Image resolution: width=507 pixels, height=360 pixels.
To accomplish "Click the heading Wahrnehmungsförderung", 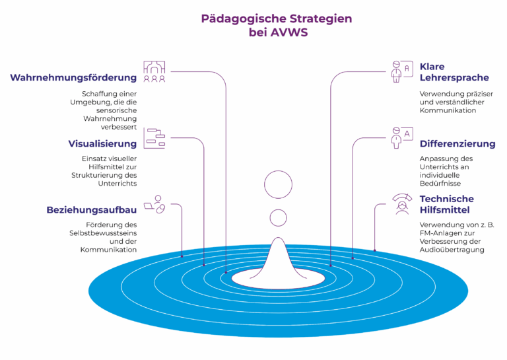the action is coord(73,78).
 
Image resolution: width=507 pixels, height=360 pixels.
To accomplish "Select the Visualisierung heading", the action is coord(102,143).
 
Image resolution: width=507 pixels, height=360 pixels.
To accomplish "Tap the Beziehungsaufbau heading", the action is coord(92,210).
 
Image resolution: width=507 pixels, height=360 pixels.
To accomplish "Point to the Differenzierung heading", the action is coord(457,143).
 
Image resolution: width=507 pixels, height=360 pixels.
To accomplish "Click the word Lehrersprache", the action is coord(454,78).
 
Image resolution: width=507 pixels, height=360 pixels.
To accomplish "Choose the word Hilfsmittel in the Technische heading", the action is coord(444,210).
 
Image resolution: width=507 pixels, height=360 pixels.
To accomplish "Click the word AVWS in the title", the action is coord(288,32).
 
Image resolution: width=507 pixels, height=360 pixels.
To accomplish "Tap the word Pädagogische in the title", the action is coord(244,19).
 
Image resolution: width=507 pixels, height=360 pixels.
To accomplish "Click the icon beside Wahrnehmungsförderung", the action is coord(154,71).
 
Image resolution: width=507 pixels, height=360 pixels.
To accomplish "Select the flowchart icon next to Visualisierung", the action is coord(154,138).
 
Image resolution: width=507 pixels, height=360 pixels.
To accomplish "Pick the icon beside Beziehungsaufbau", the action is coord(154,204).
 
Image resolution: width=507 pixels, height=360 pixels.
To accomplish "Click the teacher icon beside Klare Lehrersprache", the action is coord(402,71).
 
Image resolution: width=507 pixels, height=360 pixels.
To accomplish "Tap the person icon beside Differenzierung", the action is coord(402,137).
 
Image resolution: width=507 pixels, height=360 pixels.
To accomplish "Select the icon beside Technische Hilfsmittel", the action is coord(402,204).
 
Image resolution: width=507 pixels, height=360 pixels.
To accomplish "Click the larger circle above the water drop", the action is coord(278,184).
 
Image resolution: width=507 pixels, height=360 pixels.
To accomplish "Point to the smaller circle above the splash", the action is coord(278,218).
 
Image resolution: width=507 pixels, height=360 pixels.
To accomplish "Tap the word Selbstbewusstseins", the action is coord(103,233).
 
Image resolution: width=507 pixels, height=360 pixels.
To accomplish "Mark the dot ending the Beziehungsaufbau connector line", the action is coord(182,256).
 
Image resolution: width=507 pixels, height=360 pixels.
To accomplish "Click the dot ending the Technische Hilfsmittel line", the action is coord(375,250).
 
